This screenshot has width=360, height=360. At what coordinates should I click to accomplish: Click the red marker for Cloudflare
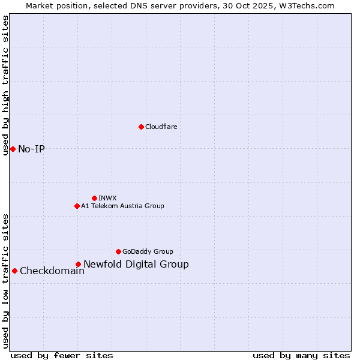pyautogui.click(x=141, y=127)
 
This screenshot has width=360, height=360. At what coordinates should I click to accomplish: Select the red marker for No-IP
pyautogui.click(x=13, y=149)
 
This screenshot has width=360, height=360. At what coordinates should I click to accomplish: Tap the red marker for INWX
pyautogui.click(x=94, y=198)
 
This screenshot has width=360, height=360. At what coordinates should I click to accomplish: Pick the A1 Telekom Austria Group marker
pyautogui.click(x=77, y=206)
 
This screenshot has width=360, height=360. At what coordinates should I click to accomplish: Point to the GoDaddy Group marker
pyautogui.click(x=118, y=251)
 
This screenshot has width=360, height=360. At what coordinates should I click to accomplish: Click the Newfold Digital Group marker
pyautogui.click(x=78, y=264)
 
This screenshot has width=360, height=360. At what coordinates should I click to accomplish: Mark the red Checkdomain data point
pyautogui.click(x=14, y=271)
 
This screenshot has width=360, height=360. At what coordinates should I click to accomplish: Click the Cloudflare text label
pyautogui.click(x=161, y=127)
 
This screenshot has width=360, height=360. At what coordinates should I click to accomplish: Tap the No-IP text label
pyautogui.click(x=31, y=149)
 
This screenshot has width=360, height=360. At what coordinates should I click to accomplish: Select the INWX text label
pyautogui.click(x=107, y=198)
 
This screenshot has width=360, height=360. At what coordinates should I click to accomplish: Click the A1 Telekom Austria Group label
pyautogui.click(x=122, y=206)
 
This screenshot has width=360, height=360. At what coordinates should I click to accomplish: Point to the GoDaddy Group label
pyautogui.click(x=148, y=251)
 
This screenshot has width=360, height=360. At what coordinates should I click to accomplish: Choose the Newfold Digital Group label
pyautogui.click(x=136, y=264)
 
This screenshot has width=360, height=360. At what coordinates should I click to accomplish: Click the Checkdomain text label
pyautogui.click(x=52, y=271)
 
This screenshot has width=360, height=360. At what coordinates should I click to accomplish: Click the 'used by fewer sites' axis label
pyautogui.click(x=62, y=355)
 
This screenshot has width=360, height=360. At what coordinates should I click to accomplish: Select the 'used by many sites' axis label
pyautogui.click(x=301, y=355)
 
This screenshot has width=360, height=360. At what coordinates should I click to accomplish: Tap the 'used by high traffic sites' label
pyautogui.click(x=5, y=86)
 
